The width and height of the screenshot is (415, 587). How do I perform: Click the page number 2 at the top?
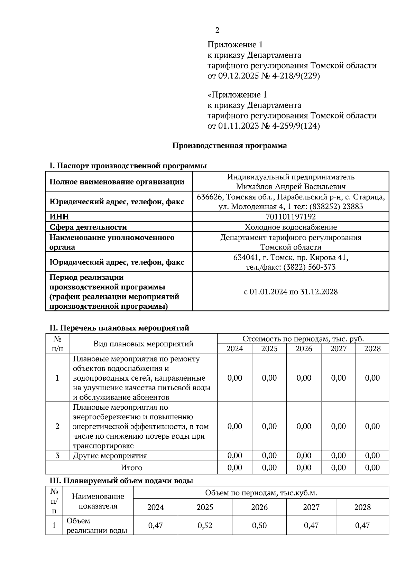[x=217, y=30]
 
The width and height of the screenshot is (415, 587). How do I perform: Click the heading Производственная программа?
[x=230, y=146]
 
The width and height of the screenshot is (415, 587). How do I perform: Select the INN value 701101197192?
[x=290, y=217]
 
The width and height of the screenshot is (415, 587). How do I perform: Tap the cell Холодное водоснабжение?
[x=290, y=227]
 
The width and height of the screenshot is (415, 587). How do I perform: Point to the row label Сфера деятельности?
[x=88, y=227]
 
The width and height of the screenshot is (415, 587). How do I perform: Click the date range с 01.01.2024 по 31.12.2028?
[x=290, y=291]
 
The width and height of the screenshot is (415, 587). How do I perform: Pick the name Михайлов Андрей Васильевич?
[x=290, y=187]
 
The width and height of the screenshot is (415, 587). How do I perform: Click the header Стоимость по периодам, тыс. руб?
[x=303, y=338]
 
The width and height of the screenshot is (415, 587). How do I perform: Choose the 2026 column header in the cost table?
[x=304, y=348]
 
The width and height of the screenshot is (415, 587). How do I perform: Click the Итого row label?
[x=131, y=467]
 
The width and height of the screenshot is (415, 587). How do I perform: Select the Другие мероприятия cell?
[x=110, y=456]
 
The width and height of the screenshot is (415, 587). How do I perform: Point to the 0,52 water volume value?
[x=205, y=525]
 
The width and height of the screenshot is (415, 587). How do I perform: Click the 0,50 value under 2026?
[x=259, y=525]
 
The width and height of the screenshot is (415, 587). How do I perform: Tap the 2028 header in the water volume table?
[x=362, y=507]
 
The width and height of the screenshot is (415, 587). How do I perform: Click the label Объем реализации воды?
[x=97, y=525]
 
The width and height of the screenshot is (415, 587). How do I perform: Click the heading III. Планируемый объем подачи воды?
[x=121, y=481]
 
